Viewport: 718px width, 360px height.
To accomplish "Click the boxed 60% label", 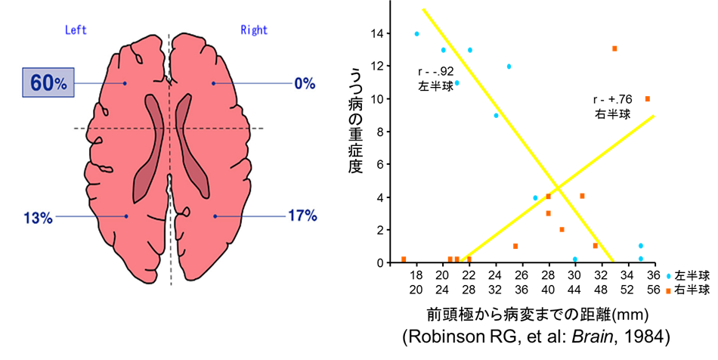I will (x=51, y=82).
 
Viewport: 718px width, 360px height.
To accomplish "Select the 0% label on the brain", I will (x=305, y=84).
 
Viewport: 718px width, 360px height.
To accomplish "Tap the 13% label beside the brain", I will (x=38, y=218).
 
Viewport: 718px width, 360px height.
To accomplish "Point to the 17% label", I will (x=302, y=216).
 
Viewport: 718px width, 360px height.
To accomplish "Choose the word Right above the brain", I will (x=254, y=31).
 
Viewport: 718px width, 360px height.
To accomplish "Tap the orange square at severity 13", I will (x=614, y=48).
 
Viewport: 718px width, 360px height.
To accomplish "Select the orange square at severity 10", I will (x=647, y=99).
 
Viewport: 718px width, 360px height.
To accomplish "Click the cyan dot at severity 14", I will (x=416, y=34).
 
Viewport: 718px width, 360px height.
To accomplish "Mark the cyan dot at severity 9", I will (x=496, y=116).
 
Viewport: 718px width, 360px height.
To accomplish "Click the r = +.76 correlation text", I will (x=612, y=100).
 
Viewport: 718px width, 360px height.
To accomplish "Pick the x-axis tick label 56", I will (x=654, y=290).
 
